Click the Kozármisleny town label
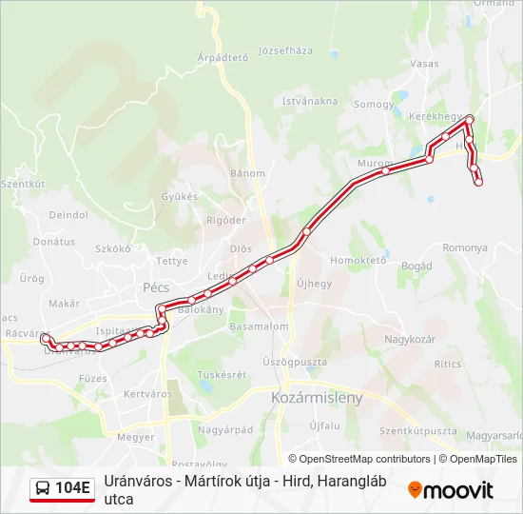tap(317, 398)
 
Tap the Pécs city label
tap(155, 286)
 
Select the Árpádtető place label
tap(223, 57)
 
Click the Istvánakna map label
tap(309, 101)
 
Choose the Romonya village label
tap(464, 247)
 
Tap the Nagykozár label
tap(410, 340)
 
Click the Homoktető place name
tap(358, 260)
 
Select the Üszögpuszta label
tap(295, 363)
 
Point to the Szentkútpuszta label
tap(417, 430)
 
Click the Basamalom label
tap(259, 326)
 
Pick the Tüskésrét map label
tap(223, 374)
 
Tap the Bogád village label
tap(416, 266)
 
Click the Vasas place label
tap(425, 64)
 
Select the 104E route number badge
tap(73, 489)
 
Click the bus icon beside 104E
tap(43, 489)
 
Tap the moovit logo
tap(451, 490)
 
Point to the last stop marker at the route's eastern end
tap(478, 182)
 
